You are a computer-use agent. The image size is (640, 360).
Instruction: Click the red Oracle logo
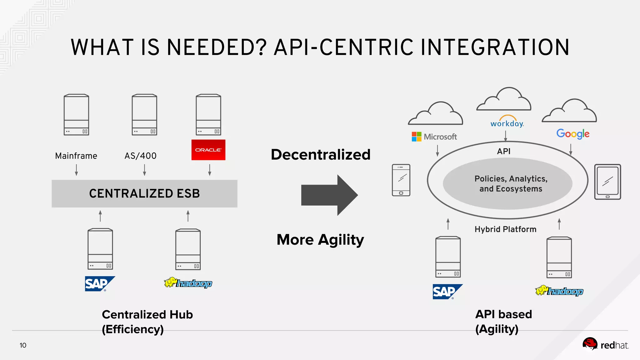pyautogui.click(x=208, y=150)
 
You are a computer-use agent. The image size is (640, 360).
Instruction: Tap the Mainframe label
pyautogui.click(x=76, y=156)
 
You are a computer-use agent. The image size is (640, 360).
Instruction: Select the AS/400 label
pyautogui.click(x=140, y=156)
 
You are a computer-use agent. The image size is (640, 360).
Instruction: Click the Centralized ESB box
pyautogui.click(x=144, y=193)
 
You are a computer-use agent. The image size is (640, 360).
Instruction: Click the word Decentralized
pyautogui.click(x=320, y=154)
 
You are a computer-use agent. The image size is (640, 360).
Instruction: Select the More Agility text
pyautogui.click(x=320, y=240)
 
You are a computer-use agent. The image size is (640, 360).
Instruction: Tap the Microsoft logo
pyautogui.click(x=434, y=137)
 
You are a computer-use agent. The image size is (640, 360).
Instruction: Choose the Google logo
pyautogui.click(x=572, y=134)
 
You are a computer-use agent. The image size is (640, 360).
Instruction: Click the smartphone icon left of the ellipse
pyautogui.click(x=401, y=180)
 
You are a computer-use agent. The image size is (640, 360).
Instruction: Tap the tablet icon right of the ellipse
pyautogui.click(x=607, y=182)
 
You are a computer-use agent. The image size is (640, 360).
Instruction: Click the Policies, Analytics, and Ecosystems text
pyautogui.click(x=511, y=184)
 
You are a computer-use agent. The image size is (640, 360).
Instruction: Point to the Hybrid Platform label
pyautogui.click(x=505, y=229)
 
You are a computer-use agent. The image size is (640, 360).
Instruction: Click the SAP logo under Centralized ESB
pyautogui.click(x=99, y=284)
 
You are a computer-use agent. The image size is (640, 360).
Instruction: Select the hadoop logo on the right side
pyautogui.click(x=559, y=291)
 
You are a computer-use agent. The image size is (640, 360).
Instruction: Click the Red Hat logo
pyautogui.click(x=605, y=345)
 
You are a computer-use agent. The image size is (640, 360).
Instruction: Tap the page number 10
pyautogui.click(x=23, y=345)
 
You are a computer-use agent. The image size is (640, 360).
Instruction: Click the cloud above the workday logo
pyautogui.click(x=504, y=100)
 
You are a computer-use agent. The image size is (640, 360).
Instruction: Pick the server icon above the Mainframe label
pyautogui.click(x=76, y=115)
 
